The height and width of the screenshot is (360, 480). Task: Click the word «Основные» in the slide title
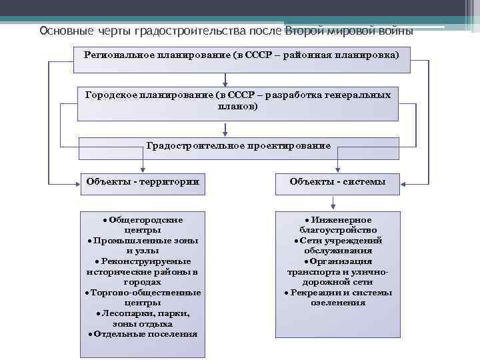click(x=61, y=31)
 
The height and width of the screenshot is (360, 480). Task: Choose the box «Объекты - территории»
click(x=142, y=182)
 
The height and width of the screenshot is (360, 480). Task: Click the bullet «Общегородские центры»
click(x=143, y=225)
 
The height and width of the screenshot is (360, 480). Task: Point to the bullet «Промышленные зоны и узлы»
click(x=143, y=246)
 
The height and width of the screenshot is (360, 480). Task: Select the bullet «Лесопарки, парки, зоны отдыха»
click(x=143, y=318)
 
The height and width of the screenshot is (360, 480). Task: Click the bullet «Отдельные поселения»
click(x=143, y=334)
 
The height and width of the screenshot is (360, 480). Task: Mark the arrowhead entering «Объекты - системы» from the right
click(x=405, y=182)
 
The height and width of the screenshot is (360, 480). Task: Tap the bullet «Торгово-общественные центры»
click(x=143, y=297)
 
